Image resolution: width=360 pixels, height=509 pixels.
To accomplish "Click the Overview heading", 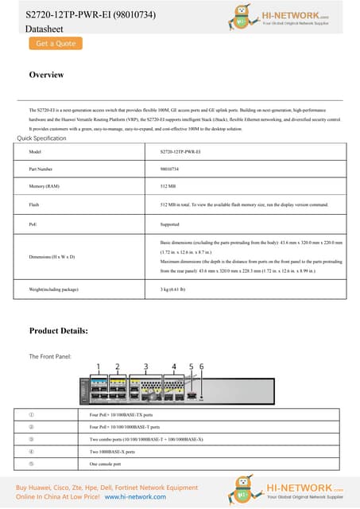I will (x=46, y=75).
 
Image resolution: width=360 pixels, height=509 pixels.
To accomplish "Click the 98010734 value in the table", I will (x=169, y=169).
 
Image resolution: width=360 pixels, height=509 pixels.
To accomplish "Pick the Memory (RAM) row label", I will (x=45, y=187).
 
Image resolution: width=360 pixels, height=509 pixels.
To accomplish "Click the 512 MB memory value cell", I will (x=167, y=187).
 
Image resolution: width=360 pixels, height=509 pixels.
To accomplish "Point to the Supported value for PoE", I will (x=169, y=224).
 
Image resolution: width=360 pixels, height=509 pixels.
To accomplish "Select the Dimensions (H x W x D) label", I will (x=52, y=257).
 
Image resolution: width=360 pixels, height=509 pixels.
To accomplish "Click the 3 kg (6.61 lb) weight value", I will (x=173, y=289).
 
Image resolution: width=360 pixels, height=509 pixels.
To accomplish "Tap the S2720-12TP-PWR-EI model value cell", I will (x=180, y=151).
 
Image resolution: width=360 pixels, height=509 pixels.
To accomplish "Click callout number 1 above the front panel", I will (x=99, y=367).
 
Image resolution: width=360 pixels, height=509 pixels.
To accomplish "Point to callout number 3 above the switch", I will (x=145, y=367).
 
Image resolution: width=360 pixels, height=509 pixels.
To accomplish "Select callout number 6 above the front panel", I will (x=201, y=367).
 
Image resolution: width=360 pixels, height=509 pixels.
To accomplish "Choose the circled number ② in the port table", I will (x=31, y=427).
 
